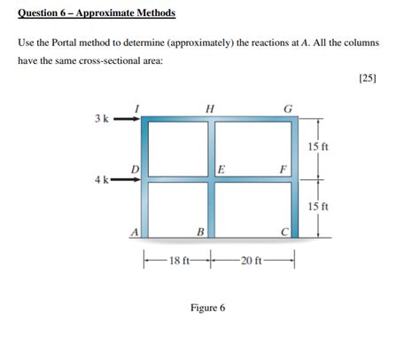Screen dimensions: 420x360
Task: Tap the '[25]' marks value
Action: coord(368,78)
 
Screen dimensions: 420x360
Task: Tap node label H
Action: coord(209,108)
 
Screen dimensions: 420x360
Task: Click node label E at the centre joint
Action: coord(222,168)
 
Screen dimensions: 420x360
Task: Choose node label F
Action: coord(283,168)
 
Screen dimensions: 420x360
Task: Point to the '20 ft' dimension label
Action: coord(252,262)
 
